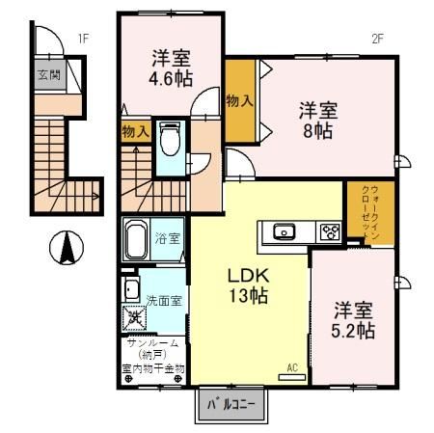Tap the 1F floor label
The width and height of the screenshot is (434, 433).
coord(84,39)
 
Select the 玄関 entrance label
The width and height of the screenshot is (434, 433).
coord(49,75)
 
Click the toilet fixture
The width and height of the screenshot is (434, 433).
coord(170,139)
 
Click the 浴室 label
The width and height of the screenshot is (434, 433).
coord(167,238)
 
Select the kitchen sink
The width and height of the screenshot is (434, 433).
coord(284,230)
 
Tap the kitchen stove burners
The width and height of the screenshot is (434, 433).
coord(329,231)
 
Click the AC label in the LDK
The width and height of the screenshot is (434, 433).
coord(293,366)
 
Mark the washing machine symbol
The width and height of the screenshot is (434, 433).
coord(133,315)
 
